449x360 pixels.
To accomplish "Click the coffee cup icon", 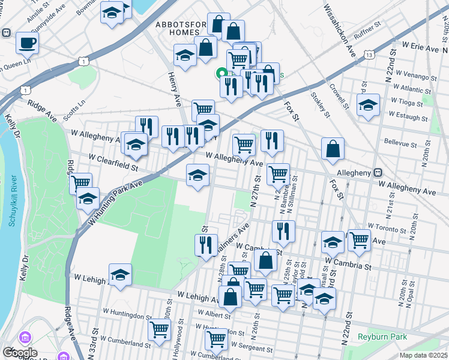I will (27, 43).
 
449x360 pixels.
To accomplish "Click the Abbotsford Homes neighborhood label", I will (181, 29).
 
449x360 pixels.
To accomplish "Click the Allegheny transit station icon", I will (378, 172).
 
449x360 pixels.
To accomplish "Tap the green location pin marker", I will (221, 74).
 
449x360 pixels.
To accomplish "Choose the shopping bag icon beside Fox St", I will (333, 149).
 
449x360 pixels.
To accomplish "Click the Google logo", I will (20, 352).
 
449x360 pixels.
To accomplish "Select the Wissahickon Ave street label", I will (340, 31).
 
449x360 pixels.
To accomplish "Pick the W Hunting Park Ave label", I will (115, 202).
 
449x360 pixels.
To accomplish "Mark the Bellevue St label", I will (400, 145).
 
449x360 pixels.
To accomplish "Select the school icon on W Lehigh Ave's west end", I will (120, 275).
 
